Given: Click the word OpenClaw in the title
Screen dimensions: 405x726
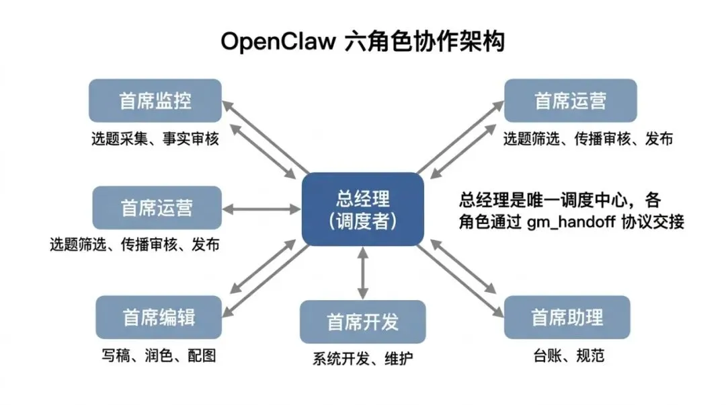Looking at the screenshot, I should pyautogui.click(x=278, y=42).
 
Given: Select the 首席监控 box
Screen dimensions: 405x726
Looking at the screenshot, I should pyautogui.click(x=155, y=100).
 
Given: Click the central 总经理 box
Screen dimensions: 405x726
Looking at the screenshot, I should pyautogui.click(x=362, y=209).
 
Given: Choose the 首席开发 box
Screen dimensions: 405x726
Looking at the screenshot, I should pyautogui.click(x=363, y=321).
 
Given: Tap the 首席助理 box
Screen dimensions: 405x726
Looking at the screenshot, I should pyautogui.click(x=567, y=317).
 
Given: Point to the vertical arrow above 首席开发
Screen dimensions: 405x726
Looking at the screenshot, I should pyautogui.click(x=363, y=272).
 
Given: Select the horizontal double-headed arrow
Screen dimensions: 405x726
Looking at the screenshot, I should pyautogui.click(x=261, y=209).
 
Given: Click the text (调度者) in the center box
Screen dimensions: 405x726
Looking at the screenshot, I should pyautogui.click(x=363, y=221).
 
